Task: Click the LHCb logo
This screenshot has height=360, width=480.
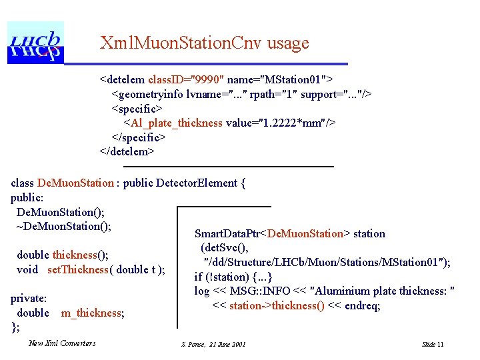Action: (35, 42)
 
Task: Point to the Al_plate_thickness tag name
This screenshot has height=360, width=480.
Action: (176, 123)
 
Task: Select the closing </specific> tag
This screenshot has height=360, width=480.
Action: (138, 137)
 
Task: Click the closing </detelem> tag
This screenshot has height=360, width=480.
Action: (127, 152)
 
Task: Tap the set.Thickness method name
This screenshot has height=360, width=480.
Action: (78, 269)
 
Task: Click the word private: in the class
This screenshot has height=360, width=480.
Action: (29, 299)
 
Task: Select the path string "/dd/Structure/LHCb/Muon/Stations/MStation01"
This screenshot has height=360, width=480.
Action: (327, 263)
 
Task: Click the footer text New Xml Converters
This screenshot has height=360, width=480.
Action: (62, 343)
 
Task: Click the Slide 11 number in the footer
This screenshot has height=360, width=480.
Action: (433, 344)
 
